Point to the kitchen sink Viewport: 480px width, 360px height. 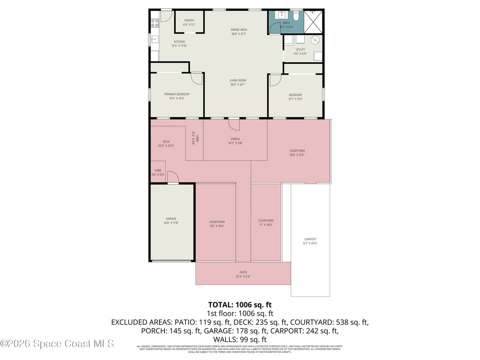click(154, 39)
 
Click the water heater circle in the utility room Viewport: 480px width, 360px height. click(316, 40)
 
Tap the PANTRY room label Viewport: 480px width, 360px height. click(189, 20)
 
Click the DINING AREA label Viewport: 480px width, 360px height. click(239, 30)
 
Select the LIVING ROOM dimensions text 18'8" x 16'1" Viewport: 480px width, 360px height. click(238, 85)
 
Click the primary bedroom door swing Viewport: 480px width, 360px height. click(197, 78)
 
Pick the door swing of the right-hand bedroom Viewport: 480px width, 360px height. click(274, 79)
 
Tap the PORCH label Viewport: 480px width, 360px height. click(235, 139)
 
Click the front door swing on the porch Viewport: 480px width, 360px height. click(234, 125)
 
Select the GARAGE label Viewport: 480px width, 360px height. click(171, 218)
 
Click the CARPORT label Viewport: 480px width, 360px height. click(310, 239)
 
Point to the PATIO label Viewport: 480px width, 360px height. click(243, 272)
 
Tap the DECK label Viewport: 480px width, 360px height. click(166, 142)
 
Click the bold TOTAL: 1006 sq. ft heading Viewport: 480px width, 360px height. click(240, 305)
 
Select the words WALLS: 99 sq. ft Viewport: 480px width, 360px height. click(240, 339)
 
